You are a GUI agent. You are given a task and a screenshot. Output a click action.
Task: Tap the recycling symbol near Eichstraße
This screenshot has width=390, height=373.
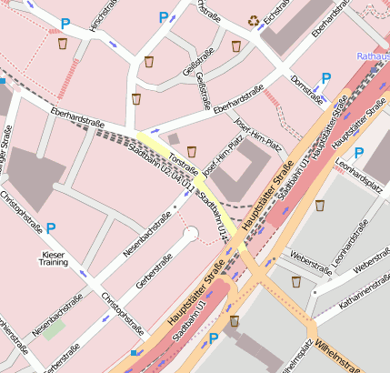[255, 20]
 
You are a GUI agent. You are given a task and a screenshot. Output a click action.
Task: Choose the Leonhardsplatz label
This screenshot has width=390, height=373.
[355, 168]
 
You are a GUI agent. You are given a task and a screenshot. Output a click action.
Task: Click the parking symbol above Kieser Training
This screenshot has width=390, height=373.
[52, 228]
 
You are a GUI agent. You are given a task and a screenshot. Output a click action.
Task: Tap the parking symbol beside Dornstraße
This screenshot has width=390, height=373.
[325, 79]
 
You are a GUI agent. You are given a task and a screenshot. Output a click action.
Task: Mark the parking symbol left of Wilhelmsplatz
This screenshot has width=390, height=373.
[215, 338]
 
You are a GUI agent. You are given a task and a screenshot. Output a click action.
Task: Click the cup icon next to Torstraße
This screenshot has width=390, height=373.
[192, 151]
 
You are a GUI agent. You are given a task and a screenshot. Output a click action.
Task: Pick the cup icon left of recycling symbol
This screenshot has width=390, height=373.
[236, 45]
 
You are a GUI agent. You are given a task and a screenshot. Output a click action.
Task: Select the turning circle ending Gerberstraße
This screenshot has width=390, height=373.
[190, 235]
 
